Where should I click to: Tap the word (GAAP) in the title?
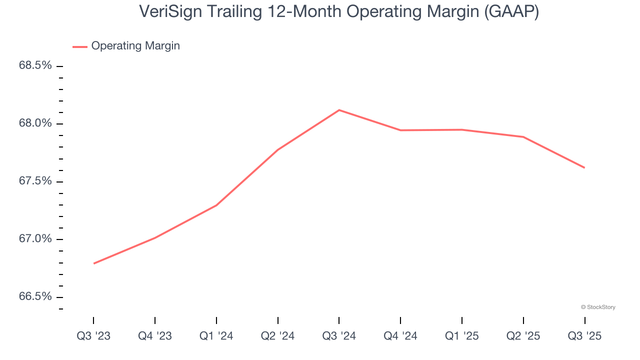[510, 11]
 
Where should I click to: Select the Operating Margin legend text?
[135, 46]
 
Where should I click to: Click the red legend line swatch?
[80, 46]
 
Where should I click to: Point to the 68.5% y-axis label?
[35, 65]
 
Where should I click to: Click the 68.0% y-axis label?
[35, 123]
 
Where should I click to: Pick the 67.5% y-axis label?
[35, 181]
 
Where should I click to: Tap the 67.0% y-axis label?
[35, 239]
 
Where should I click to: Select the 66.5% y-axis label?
[35, 296]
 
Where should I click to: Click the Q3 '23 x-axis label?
[93, 336]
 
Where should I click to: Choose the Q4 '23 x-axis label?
[155, 336]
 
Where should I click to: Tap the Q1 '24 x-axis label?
[216, 336]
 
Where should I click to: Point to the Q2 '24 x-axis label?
[277, 336]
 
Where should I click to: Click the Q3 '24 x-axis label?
[339, 336]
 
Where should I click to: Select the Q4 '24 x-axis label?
[400, 336]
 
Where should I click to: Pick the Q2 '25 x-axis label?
[523, 336]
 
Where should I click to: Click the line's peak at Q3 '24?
[339, 110]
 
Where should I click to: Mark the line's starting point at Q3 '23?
[94, 263]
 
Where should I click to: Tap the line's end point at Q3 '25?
[584, 167]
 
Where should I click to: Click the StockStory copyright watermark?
[598, 307]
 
